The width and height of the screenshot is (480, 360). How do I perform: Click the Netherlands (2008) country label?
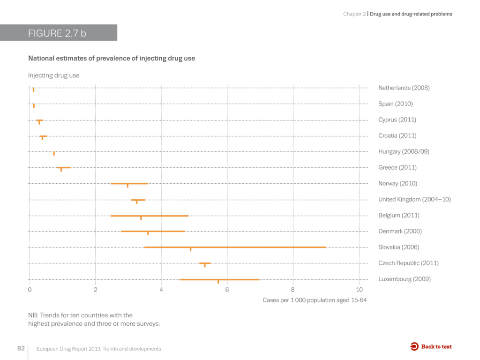(x=404, y=88)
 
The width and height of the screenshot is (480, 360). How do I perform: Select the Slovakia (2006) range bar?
(x=234, y=247)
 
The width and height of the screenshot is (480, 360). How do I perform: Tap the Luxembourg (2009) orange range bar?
(x=219, y=279)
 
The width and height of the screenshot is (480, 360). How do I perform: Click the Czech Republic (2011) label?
(x=408, y=263)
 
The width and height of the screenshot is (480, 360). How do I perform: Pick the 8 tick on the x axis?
(x=293, y=289)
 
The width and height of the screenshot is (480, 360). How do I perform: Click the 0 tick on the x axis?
(x=30, y=289)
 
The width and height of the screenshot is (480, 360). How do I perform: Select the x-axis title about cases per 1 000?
(x=314, y=300)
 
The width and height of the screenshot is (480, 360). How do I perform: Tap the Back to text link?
(x=436, y=347)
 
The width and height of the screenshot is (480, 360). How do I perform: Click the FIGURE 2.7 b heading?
(x=57, y=33)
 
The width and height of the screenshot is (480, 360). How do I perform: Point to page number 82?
(x=21, y=348)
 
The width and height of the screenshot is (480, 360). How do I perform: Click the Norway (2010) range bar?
(x=129, y=184)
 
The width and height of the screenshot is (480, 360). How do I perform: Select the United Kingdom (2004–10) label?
(x=414, y=199)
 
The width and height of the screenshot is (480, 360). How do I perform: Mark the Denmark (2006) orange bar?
(x=153, y=231)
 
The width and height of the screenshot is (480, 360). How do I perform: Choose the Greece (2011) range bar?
(x=64, y=167)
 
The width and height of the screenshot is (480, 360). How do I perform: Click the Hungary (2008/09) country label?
(x=404, y=151)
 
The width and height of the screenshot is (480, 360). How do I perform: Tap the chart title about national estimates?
(x=112, y=59)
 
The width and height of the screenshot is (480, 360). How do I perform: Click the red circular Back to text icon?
(x=414, y=347)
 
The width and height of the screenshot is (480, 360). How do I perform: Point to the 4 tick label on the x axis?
(x=161, y=289)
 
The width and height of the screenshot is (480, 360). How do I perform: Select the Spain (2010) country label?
(x=395, y=104)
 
